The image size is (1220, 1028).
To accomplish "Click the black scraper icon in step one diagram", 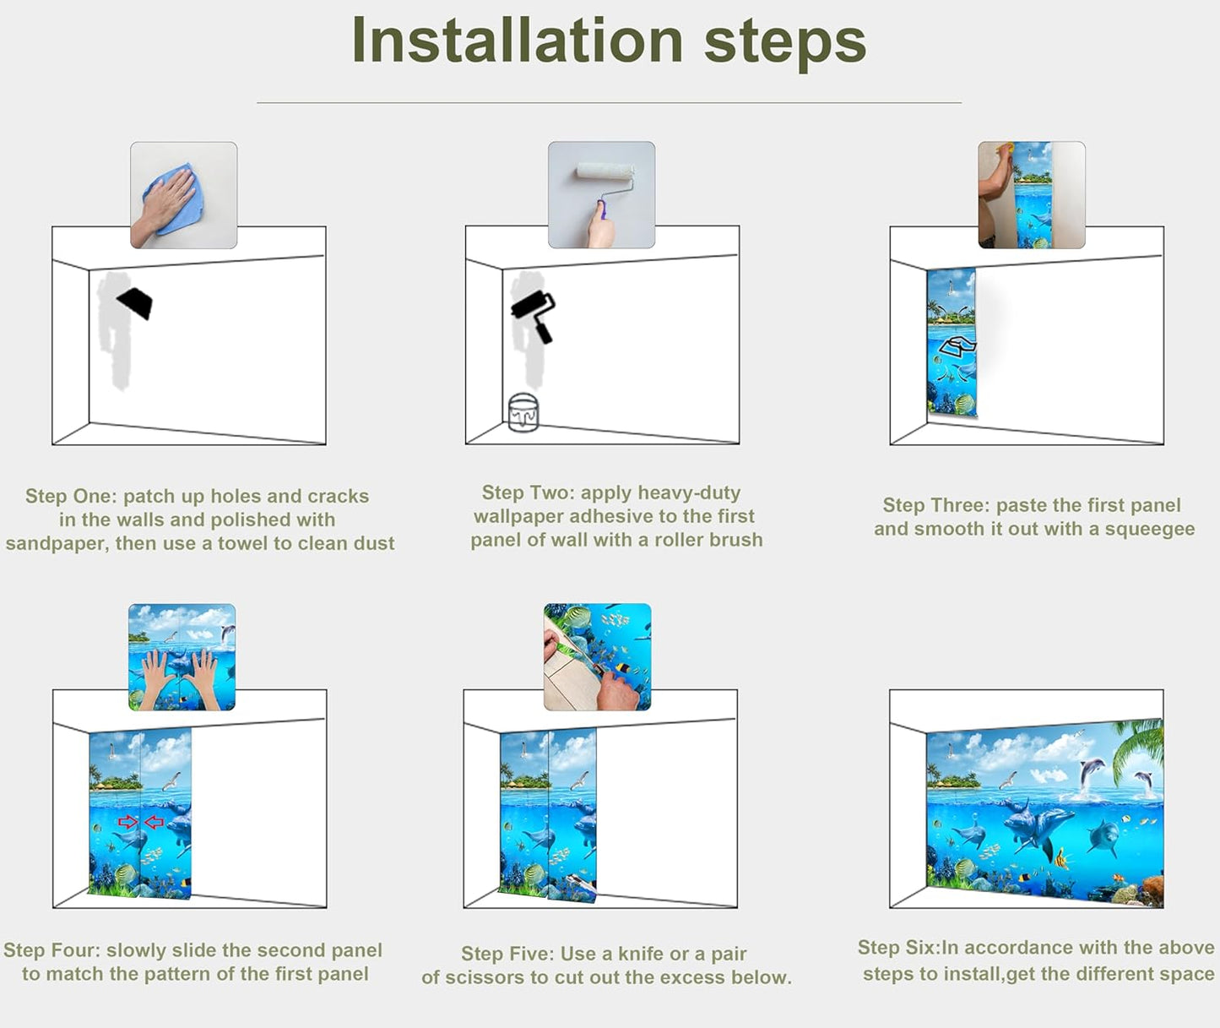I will coord(136,302).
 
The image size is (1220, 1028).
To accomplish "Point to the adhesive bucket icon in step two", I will coord(523,413).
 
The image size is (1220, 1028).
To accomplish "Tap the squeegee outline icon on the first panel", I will coord(958,346).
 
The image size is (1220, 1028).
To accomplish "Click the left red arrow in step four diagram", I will coord(127,822).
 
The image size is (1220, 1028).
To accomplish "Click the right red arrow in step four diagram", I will coord(155,822).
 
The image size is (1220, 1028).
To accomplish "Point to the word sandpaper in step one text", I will coord(57,543).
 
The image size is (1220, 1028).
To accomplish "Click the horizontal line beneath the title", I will coord(609,103).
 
